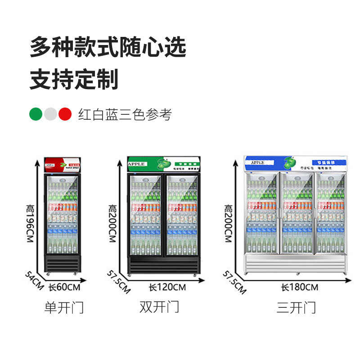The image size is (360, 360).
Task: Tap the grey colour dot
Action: [x=51, y=114]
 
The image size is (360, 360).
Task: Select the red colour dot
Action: [x=65, y=114]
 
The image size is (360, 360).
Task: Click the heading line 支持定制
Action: [x=74, y=79]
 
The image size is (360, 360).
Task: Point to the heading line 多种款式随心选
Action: [x=108, y=47]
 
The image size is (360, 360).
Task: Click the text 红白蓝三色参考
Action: [x=125, y=115]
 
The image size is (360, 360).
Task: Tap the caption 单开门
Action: [x=64, y=308]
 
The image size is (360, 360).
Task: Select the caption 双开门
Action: [x=159, y=307]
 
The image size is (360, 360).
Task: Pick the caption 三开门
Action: [x=296, y=308]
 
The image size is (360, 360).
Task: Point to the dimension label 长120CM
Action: [x=167, y=287]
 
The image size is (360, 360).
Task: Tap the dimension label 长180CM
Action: [x=299, y=287]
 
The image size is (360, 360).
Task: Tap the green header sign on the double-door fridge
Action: [x=162, y=164]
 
